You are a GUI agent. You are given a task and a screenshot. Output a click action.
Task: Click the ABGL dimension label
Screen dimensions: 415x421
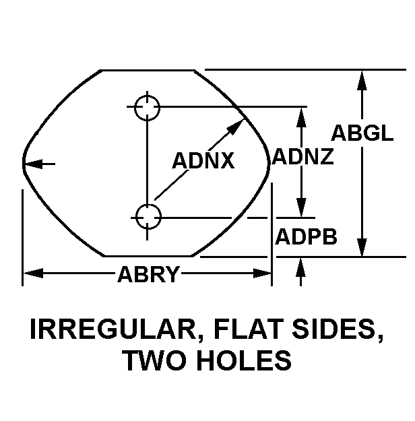362,133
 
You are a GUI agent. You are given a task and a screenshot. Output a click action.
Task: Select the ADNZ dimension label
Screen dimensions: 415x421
302,156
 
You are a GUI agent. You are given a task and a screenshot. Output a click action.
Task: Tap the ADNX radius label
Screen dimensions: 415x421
203,160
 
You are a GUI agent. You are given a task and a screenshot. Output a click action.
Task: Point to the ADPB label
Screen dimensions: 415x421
306,236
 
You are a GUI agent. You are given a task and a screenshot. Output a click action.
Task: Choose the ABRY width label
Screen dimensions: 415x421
148,274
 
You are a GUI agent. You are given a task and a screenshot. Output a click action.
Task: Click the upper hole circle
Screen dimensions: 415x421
147,107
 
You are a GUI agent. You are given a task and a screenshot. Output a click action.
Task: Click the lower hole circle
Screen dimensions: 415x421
148,217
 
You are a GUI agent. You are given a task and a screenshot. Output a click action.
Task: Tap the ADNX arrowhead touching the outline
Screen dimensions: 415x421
236,127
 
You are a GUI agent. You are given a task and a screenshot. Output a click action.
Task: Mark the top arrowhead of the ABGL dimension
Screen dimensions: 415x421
362,80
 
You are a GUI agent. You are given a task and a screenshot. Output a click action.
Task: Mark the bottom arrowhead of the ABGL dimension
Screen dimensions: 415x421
362,247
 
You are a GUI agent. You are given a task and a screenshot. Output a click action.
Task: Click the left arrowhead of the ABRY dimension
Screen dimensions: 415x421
33,273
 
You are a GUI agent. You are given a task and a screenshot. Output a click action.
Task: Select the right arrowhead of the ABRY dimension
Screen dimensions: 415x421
262,273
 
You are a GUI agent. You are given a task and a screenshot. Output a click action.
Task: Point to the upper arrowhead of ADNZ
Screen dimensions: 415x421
301,117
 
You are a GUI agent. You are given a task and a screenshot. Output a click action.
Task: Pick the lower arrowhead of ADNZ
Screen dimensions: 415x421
301,207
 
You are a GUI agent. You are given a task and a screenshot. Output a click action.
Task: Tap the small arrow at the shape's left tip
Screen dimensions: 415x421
39,164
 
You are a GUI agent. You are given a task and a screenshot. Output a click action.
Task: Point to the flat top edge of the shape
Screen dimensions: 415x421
148,70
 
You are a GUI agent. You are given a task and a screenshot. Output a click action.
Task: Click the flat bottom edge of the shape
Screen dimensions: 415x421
148,256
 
